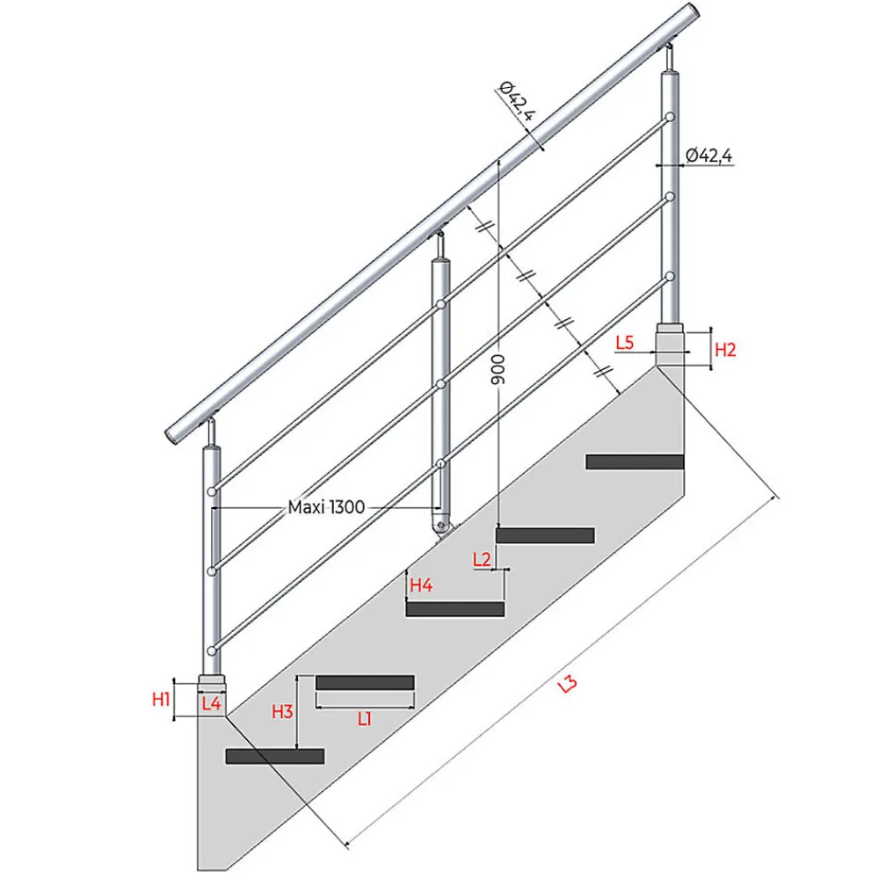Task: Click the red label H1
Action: tap(161, 699)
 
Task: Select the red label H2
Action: tap(725, 350)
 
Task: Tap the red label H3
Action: tap(282, 711)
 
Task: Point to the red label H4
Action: tap(421, 585)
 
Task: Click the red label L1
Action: tap(365, 719)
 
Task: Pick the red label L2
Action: tap(482, 559)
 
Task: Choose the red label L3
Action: tap(567, 683)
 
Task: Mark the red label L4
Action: tap(211, 703)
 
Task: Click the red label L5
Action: tap(624, 342)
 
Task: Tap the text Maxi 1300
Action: tap(326, 507)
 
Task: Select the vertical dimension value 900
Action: tap(498, 369)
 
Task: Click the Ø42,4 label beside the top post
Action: tap(709, 156)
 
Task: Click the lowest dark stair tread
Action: tap(274, 756)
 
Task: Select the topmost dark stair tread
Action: tap(635, 462)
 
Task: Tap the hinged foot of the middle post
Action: tap(442, 526)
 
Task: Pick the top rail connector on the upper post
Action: tap(669, 118)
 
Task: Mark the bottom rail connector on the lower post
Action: tap(211, 650)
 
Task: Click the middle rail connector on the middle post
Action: tap(441, 384)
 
